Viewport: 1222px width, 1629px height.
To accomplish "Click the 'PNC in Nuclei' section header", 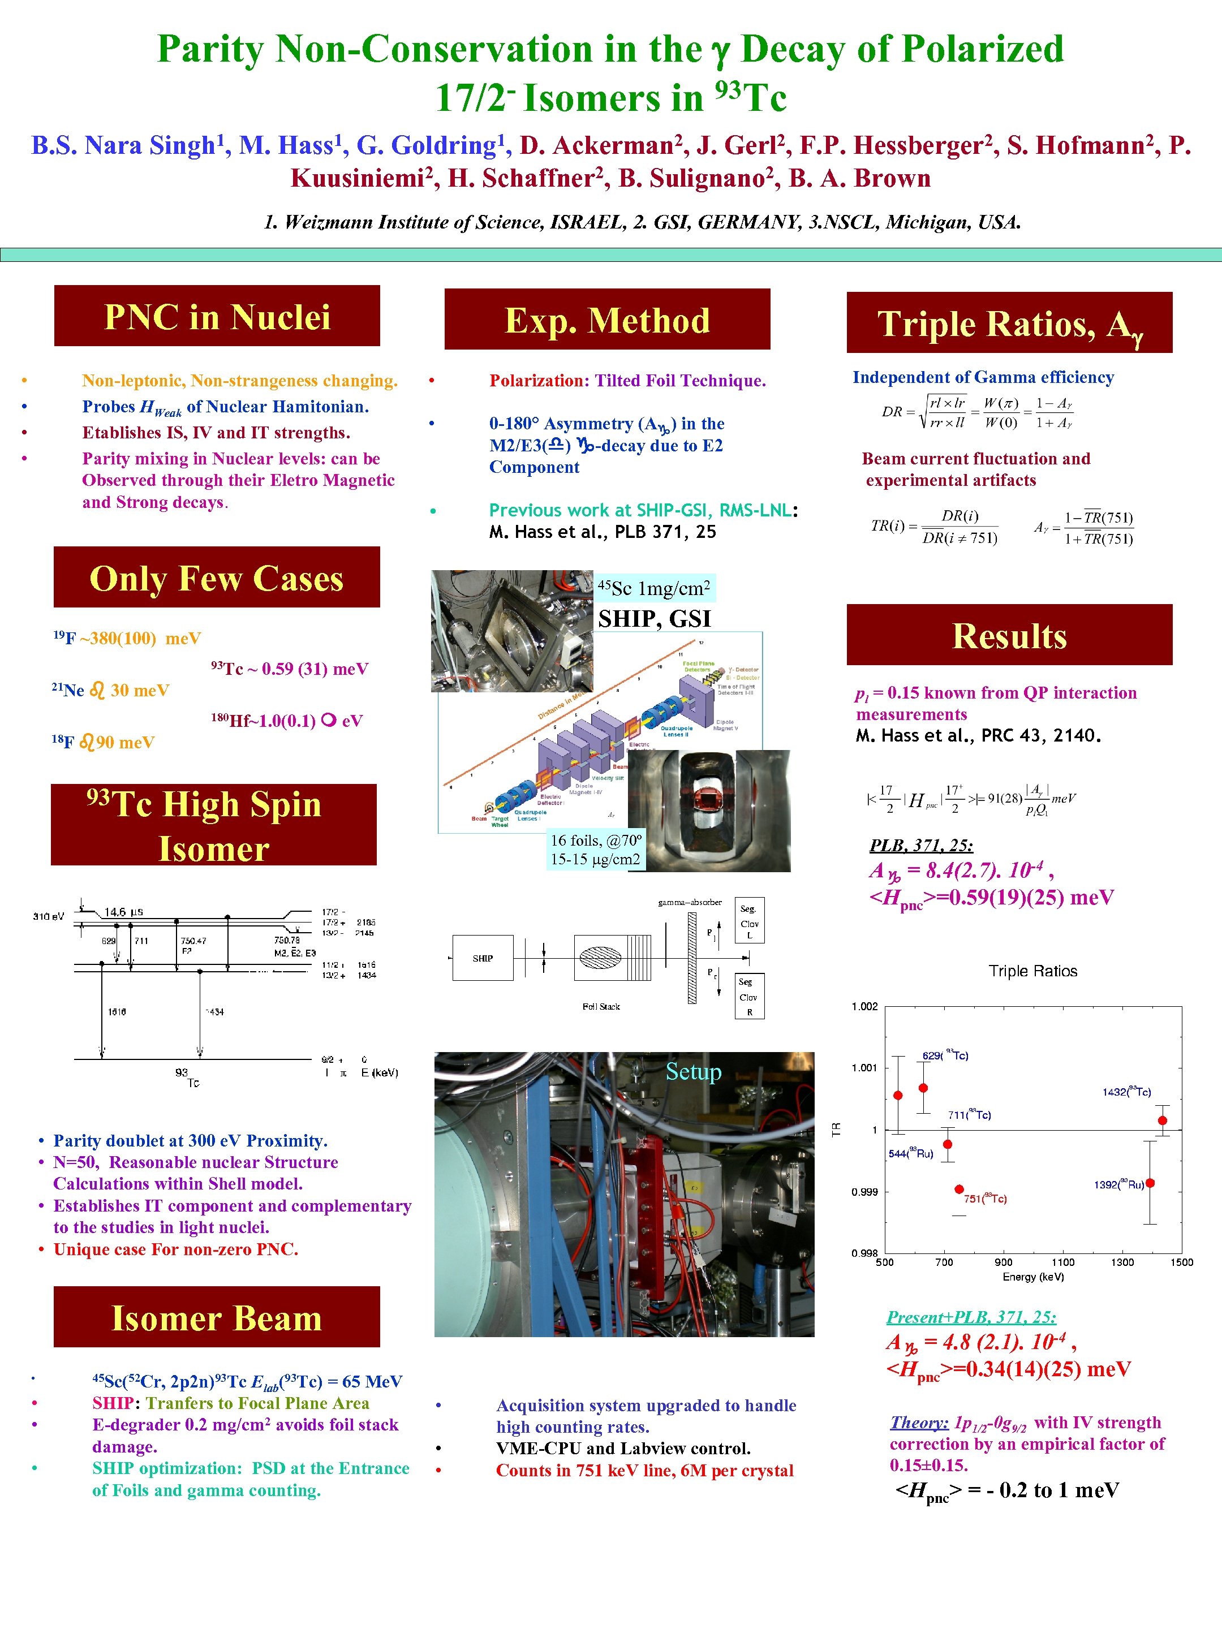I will (x=217, y=316).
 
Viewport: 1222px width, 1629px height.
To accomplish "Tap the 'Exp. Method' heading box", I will (x=607, y=320).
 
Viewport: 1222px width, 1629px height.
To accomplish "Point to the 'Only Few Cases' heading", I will (x=217, y=578).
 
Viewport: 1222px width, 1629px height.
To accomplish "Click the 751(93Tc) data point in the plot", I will (x=959, y=1190).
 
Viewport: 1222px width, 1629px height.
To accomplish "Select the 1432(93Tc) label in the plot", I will (x=1126, y=1092).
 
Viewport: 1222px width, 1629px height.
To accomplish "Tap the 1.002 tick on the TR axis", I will (x=865, y=1007).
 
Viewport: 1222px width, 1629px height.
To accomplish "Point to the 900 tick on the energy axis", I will (x=1003, y=1262).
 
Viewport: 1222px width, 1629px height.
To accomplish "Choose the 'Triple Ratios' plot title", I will (x=1032, y=971).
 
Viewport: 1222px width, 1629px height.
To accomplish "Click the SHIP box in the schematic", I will (x=483, y=958).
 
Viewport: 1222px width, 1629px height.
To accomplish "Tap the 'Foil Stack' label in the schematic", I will (x=601, y=1006).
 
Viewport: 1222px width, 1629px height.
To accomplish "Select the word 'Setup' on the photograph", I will (x=693, y=1071).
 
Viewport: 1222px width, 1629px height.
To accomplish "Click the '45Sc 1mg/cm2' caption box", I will (x=654, y=588).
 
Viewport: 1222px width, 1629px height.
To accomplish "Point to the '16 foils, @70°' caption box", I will (x=596, y=849).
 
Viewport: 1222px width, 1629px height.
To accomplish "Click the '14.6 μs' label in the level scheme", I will (x=123, y=912).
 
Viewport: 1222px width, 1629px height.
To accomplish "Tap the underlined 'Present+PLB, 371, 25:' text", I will (x=971, y=1317).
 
